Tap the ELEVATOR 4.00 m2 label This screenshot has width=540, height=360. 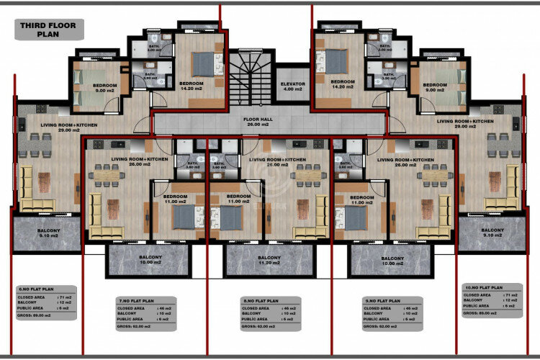292,86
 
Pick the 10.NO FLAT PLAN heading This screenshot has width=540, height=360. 483,287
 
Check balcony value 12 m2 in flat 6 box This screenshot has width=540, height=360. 61,301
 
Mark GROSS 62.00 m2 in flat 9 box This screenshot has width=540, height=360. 384,326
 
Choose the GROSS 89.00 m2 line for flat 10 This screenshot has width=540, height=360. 482,313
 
